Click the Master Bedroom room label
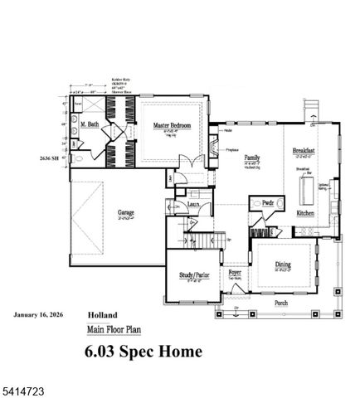173,125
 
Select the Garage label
127,211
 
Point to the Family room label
252,157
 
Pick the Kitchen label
305,213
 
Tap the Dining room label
283,265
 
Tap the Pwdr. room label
267,202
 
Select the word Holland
103,315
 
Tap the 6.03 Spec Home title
143,351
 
